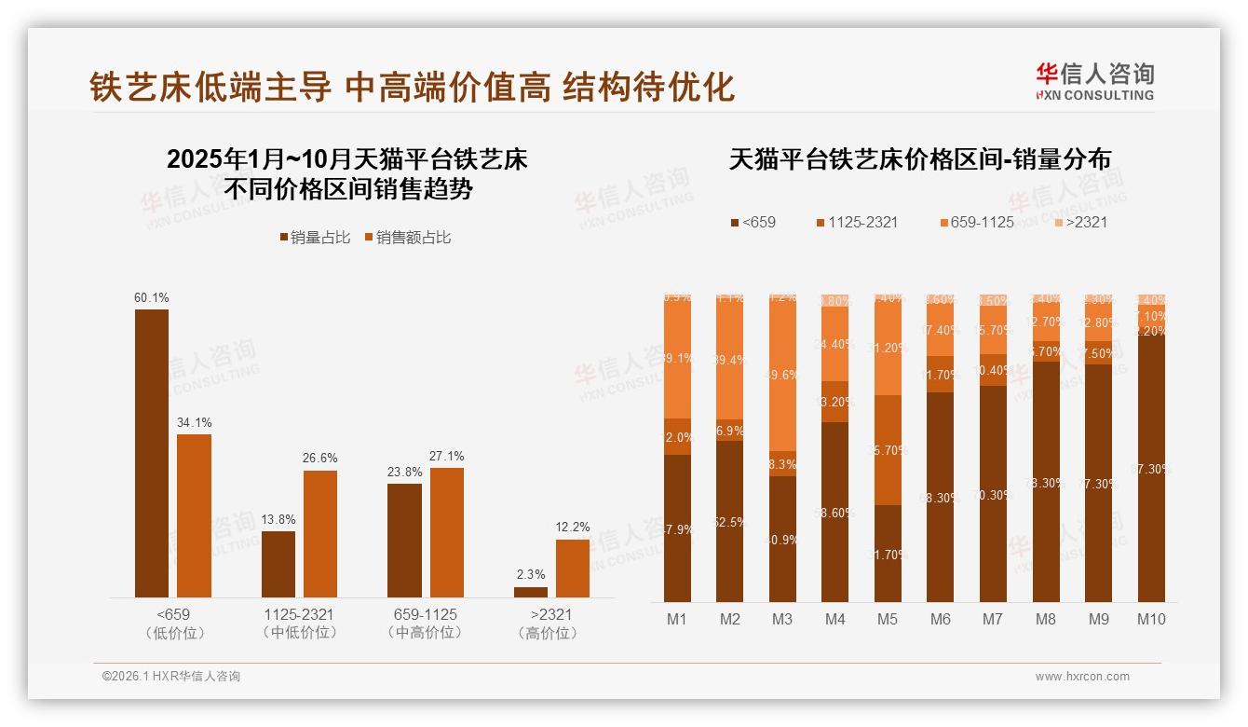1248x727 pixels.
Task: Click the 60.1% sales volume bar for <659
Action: point(152,453)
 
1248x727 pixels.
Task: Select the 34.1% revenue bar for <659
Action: point(194,515)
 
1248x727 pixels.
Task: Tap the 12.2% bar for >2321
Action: point(572,568)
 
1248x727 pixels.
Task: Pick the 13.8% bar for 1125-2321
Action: point(278,564)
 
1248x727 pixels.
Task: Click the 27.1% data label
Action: point(447,457)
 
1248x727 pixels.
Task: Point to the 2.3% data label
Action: point(531,575)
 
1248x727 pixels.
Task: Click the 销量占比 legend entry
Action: point(315,238)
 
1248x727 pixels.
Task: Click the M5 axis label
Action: point(888,619)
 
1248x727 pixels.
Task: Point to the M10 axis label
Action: point(1151,619)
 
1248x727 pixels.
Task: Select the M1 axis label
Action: point(677,619)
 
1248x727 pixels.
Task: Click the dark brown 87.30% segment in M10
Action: point(1151,468)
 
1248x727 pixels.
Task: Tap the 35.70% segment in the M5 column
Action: point(889,450)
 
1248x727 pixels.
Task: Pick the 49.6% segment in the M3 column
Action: point(782,375)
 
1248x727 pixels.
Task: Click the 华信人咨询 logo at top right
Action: point(1094,81)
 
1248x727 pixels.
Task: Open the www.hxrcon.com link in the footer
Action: point(1081,677)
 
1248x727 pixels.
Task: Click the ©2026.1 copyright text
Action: point(171,677)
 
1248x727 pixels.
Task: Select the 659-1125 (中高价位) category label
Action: point(425,624)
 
